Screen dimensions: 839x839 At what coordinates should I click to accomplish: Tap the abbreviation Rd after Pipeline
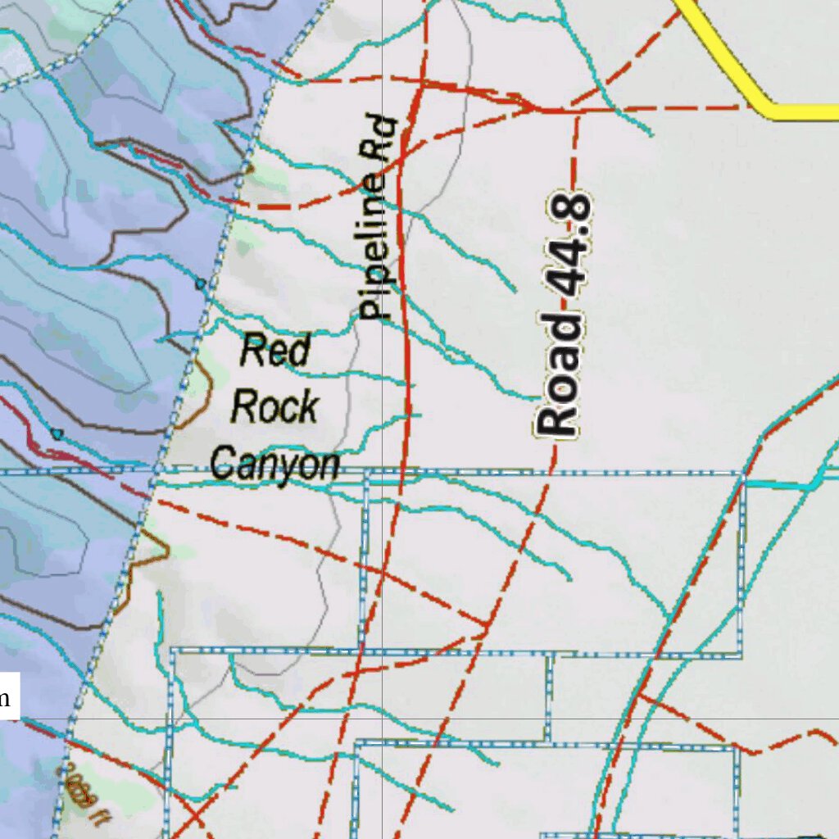[383, 138]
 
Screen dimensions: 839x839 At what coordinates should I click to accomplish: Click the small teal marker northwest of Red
[201, 284]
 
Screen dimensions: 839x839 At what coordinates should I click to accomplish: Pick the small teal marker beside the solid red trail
[56, 433]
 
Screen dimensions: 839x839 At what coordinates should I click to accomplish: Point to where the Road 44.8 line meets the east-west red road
[577, 109]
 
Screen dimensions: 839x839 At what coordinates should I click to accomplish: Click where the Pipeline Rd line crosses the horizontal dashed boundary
[401, 474]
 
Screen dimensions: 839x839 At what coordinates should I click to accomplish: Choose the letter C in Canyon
[221, 464]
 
